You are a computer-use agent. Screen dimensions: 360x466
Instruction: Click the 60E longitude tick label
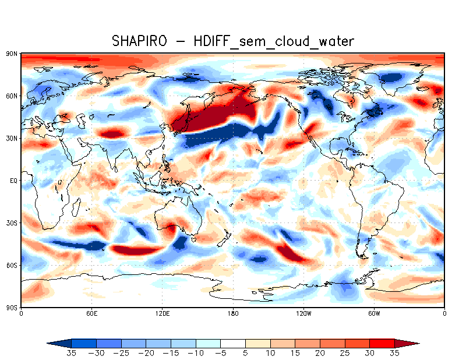coord(91,313)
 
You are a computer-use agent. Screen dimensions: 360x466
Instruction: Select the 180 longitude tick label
coord(233,313)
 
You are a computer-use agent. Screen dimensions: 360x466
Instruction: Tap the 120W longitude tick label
coord(303,313)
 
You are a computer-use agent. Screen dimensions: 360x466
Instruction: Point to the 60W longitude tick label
coord(373,313)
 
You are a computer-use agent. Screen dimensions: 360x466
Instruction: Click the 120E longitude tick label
coord(162,313)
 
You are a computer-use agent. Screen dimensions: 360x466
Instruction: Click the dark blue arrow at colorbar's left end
coord(59,343)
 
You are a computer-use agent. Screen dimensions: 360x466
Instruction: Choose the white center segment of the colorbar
coord(233,343)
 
